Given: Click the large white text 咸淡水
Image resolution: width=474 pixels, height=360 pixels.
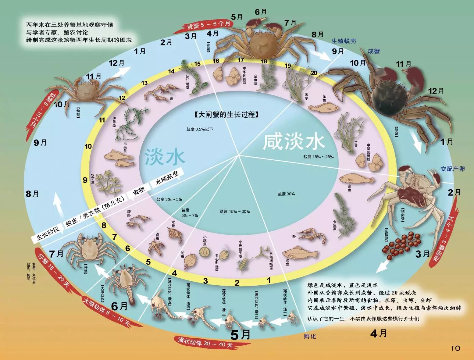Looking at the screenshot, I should (294, 142).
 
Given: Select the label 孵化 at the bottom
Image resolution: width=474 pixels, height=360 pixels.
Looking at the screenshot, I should (310, 336).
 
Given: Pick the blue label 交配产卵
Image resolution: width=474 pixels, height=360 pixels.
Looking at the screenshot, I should (452, 169).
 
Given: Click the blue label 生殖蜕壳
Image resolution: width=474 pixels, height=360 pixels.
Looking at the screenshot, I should (344, 41).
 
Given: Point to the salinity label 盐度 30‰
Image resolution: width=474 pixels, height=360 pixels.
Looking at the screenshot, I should (286, 194).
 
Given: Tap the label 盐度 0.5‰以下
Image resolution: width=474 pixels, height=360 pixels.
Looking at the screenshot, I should (200, 129).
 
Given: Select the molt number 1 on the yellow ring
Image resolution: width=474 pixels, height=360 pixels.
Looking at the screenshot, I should (269, 279).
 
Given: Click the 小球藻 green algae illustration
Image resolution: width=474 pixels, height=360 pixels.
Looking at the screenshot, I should (204, 251).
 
